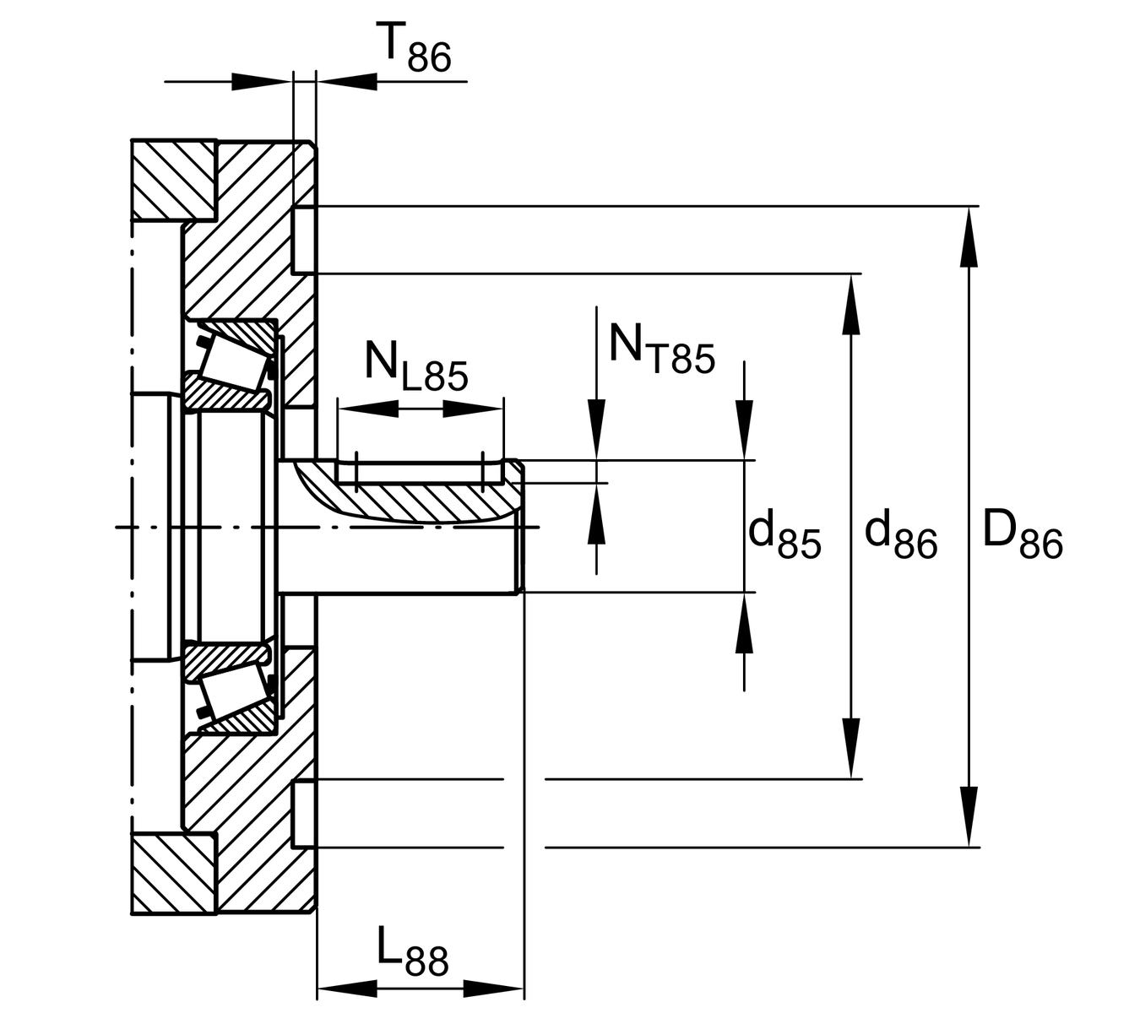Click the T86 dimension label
(x=415, y=49)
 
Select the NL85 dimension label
(x=415, y=365)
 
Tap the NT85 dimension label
(x=660, y=348)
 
